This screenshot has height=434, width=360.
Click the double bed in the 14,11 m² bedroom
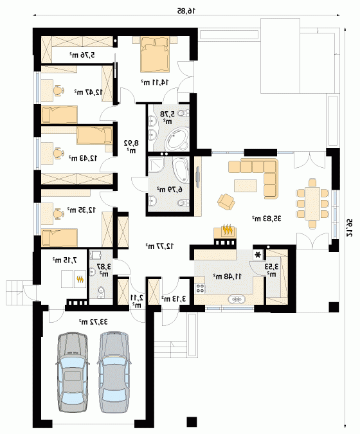154,54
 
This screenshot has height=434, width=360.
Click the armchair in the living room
226,201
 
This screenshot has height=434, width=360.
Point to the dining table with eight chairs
312,203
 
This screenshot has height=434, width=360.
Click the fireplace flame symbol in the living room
228,230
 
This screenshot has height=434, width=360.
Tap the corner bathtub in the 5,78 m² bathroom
177,139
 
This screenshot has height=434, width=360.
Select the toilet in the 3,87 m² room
101,293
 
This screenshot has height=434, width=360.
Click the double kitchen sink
236,299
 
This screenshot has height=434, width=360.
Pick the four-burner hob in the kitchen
200,288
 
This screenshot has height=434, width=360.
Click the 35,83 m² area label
267,219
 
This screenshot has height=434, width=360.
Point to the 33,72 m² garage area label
93,321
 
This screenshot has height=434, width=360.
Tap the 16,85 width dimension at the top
186,11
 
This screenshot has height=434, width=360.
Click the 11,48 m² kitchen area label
228,276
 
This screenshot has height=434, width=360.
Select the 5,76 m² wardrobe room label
82,55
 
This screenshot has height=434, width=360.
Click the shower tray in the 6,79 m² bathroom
156,165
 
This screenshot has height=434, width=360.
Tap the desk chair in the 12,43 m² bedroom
58,153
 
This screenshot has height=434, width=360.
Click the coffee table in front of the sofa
246,185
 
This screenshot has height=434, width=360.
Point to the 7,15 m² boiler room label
64,260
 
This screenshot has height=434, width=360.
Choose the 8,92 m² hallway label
131,147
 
